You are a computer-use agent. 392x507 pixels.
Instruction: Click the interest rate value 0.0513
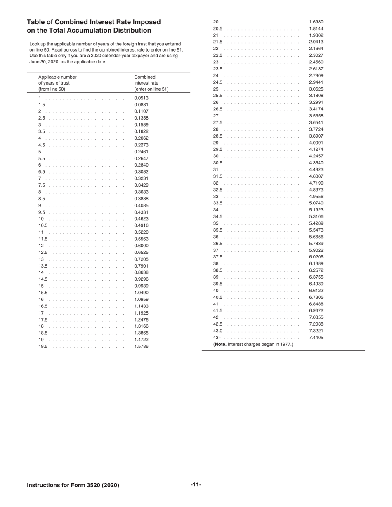pyautogui.click(x=141, y=98)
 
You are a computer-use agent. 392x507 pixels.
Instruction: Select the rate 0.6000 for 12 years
pyautogui.click(x=141, y=246)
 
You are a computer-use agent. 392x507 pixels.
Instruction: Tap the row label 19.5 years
pyautogui.click(x=43, y=346)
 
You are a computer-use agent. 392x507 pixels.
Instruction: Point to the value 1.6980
pyautogui.click(x=316, y=22)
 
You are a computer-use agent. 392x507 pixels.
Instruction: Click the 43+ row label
pyautogui.click(x=217, y=337)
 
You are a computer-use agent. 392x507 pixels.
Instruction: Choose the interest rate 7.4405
pyautogui.click(x=316, y=337)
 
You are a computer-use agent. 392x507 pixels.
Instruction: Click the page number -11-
pyautogui.click(x=196, y=484)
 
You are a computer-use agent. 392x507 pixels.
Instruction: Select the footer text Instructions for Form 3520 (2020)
pyautogui.click(x=73, y=485)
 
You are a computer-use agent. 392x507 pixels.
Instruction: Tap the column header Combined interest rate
pyautogui.click(x=151, y=83)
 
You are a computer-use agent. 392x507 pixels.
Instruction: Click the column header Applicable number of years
pyautogui.click(x=57, y=83)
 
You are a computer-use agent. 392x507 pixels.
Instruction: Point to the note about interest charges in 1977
pyautogui.click(x=253, y=344)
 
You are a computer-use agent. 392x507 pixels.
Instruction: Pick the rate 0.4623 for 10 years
pyautogui.click(x=141, y=219)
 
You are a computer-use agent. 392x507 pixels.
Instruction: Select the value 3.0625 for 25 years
pyautogui.click(x=316, y=89)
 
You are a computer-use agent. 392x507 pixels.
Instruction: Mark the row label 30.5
pyautogui.click(x=217, y=163)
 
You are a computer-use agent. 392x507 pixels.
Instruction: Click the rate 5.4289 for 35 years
pyautogui.click(x=316, y=223)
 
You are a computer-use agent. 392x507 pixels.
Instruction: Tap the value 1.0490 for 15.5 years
pyautogui.click(x=141, y=293)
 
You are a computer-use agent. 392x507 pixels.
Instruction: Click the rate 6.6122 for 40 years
pyautogui.click(x=316, y=291)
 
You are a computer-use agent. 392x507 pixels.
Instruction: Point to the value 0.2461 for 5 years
pyautogui.click(x=141, y=152)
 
